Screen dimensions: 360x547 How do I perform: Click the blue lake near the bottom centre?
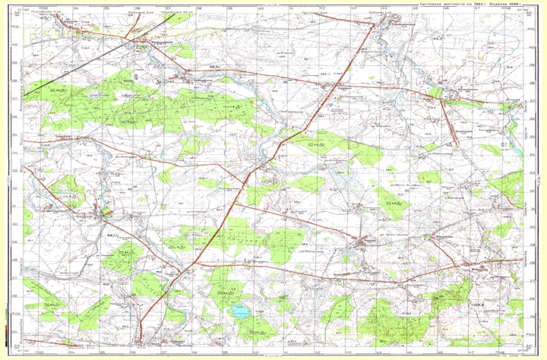pyautogui.click(x=241, y=311)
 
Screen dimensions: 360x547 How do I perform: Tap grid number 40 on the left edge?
pyautogui.click(x=19, y=46)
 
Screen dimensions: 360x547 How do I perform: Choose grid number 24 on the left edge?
pyautogui.click(x=19, y=332)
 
